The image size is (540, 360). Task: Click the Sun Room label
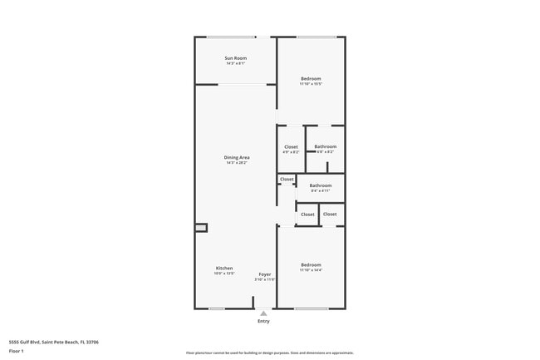tap(235, 58)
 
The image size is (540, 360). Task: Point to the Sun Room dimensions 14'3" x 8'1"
tap(235, 63)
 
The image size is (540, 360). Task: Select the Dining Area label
tap(237, 157)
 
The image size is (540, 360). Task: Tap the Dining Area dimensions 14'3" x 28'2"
tap(237, 163)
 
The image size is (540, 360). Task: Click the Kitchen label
tap(224, 268)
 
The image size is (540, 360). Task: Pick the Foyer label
tap(264, 274)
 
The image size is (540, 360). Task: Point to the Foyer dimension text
tap(264, 279)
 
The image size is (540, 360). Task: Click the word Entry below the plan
tap(263, 321)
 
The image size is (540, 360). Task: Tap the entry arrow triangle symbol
tap(263, 313)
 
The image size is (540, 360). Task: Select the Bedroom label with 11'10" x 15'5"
tap(311, 78)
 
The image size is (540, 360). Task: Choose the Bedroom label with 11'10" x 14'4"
tap(311, 264)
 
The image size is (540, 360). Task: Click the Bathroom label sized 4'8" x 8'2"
tap(325, 146)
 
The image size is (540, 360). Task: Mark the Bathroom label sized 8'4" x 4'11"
tap(321, 185)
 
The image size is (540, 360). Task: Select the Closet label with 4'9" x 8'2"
tap(291, 146)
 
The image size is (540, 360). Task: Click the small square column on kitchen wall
tap(200, 228)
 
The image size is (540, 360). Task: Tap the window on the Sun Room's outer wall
tap(231, 37)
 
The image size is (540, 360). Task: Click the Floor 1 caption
tap(16, 351)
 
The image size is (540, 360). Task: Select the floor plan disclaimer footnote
tap(269, 353)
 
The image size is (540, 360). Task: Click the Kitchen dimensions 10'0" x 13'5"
tap(224, 274)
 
